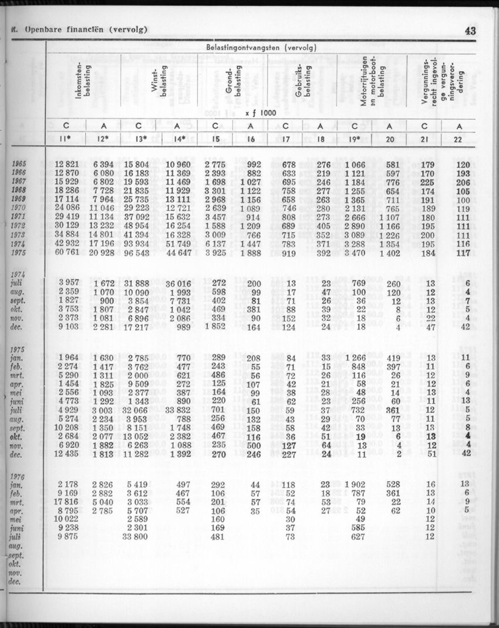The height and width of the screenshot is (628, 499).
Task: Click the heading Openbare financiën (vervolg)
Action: (79, 29)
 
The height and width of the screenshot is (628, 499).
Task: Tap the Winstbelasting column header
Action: (160, 82)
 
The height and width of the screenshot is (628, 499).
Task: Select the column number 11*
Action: (66, 140)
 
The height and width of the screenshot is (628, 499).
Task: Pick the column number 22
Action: (458, 140)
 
